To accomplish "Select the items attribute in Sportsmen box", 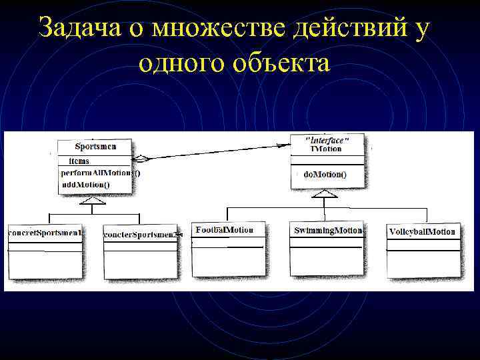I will pyautogui.click(x=79, y=161).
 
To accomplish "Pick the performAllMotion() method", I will pyautogui.click(x=100, y=173).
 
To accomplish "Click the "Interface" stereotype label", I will pyautogui.click(x=326, y=140).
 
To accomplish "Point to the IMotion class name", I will pyautogui.click(x=326, y=149).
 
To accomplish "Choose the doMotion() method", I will pyautogui.click(x=325, y=175).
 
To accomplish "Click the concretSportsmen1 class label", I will pyautogui.click(x=45, y=233).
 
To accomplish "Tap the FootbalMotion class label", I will pyautogui.click(x=225, y=230).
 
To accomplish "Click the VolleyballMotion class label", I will pyautogui.click(x=423, y=232).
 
